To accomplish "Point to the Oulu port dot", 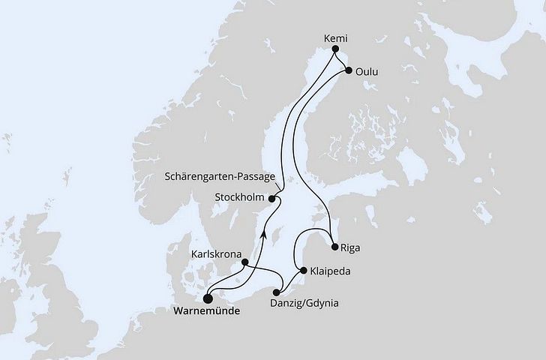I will (x=349, y=71).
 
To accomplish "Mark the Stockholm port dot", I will (x=271, y=199).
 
